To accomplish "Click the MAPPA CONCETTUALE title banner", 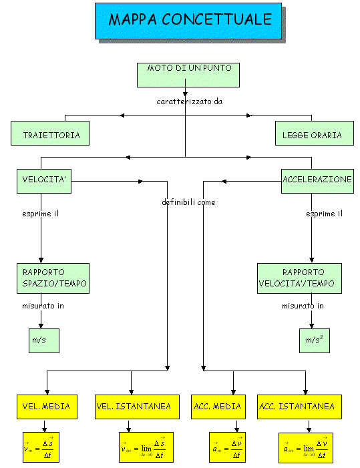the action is click(188, 21).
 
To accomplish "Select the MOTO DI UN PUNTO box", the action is click(188, 75).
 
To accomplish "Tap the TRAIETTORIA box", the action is click(50, 133).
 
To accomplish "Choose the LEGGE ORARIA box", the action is click(315, 133).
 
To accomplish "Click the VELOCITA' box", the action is click(44, 181).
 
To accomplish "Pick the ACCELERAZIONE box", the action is click(317, 181).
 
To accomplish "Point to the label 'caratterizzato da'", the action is click(190, 101).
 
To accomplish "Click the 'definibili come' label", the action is click(188, 202).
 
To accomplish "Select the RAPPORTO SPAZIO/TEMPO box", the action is click(53, 278).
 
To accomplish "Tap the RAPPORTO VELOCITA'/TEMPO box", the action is click(299, 278).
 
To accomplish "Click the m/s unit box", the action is click(44, 341).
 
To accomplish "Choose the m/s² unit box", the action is click(315, 341).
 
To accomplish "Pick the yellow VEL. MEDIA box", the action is click(47, 407).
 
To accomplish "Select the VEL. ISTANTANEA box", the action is click(137, 407).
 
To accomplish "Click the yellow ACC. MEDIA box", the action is click(218, 407).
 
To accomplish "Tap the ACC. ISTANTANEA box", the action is click(299, 407).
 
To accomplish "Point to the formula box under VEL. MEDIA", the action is click(41, 447).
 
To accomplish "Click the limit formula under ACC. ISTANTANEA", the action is click(306, 448).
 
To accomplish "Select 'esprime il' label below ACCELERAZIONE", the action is click(324, 214).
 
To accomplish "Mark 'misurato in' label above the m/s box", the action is click(43, 306).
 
